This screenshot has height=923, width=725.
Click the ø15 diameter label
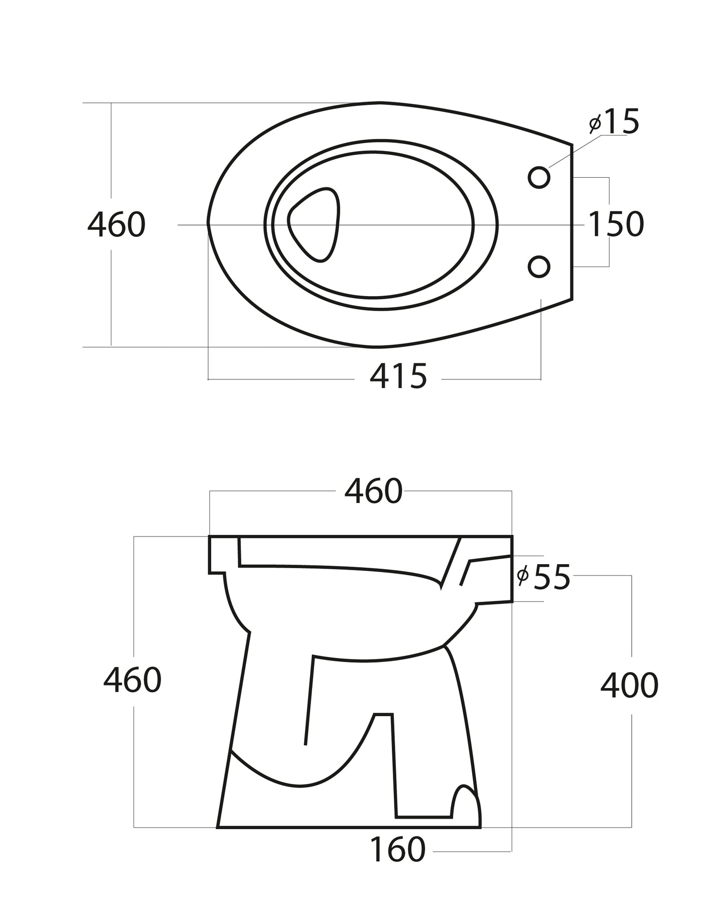[x=615, y=122]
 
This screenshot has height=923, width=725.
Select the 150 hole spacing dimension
[x=616, y=224]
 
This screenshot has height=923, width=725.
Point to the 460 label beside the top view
[x=116, y=224]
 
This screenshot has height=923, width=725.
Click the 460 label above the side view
[x=373, y=491]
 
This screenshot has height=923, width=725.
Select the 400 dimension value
[x=629, y=686]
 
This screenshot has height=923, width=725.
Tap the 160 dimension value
[x=397, y=849]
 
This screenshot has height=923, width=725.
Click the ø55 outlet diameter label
[x=544, y=577]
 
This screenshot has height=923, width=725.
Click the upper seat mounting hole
[x=539, y=177]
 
